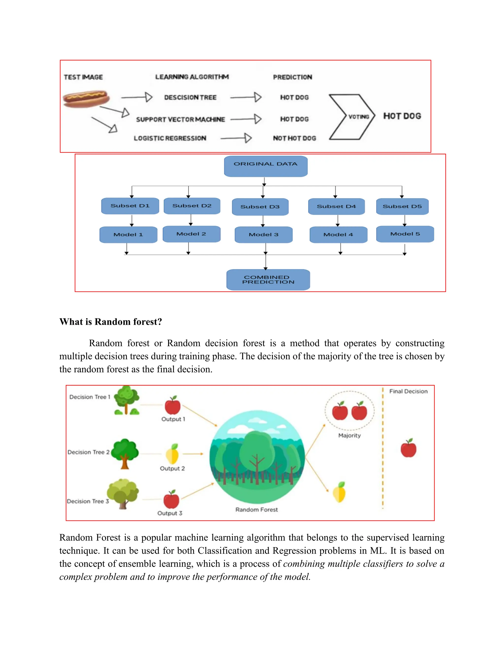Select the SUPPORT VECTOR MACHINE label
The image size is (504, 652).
(180, 119)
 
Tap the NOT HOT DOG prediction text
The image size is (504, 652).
(294, 138)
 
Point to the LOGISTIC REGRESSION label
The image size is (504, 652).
(170, 138)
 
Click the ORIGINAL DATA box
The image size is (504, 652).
(266, 166)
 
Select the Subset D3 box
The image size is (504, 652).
(260, 207)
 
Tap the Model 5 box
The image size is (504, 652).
(405, 234)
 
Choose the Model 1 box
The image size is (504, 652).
(128, 235)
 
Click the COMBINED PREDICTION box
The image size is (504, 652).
(268, 280)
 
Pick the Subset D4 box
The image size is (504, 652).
(336, 206)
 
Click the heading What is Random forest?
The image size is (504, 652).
(110, 322)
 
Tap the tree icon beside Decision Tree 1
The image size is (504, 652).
(126, 400)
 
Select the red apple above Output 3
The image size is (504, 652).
(171, 499)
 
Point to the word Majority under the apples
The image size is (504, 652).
(349, 435)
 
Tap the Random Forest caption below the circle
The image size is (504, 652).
(256, 510)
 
